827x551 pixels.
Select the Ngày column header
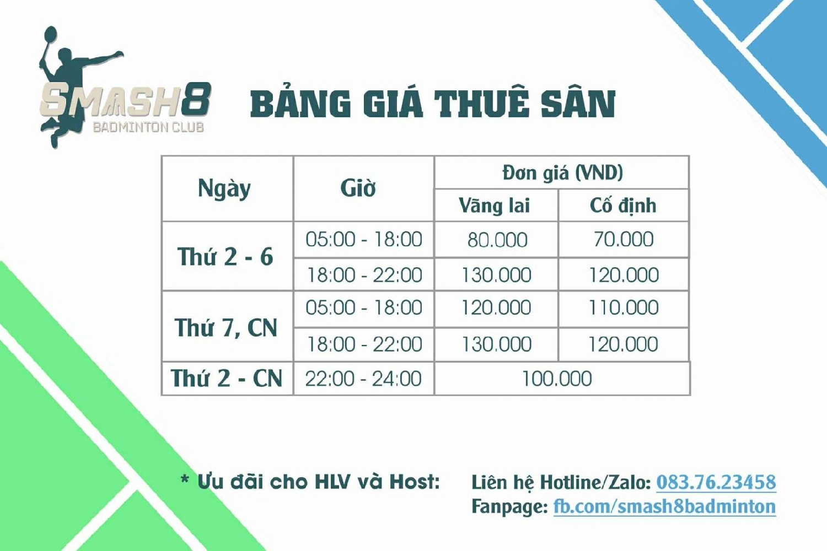[x=224, y=188]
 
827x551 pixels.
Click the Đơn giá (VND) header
[x=562, y=172]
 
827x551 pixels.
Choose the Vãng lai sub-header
[x=494, y=205]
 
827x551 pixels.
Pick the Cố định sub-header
[x=623, y=205]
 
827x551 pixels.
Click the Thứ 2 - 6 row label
[x=225, y=256]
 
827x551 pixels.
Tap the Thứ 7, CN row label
[x=225, y=327]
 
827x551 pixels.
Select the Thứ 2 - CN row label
[x=226, y=378]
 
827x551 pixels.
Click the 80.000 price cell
[x=497, y=240]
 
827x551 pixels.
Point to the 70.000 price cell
[x=623, y=239]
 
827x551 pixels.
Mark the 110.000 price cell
[x=623, y=307]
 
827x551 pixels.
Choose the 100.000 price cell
[x=557, y=379]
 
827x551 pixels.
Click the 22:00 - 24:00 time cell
[x=363, y=379]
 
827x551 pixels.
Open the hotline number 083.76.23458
[x=716, y=482]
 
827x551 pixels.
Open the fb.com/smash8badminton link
[x=664, y=506]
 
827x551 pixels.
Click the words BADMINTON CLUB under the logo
[x=148, y=127]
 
